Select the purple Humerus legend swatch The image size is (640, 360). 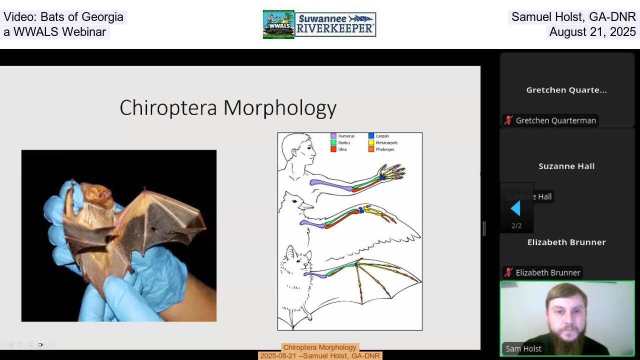pyautogui.click(x=333, y=136)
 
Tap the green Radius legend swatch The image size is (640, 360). pyautogui.click(x=333, y=142)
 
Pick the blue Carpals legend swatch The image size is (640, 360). pyautogui.click(x=371, y=136)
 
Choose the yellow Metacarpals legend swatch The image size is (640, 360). pyautogui.click(x=371, y=142)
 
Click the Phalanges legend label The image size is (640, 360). pyautogui.click(x=385, y=149)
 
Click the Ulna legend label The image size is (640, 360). pyautogui.click(x=342, y=149)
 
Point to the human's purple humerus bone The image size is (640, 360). pyautogui.click(x=330, y=184)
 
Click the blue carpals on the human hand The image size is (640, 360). pyautogui.click(x=382, y=176)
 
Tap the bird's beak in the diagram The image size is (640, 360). pyautogui.click(x=306, y=205)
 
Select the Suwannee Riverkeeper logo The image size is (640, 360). pyautogui.click(x=335, y=24)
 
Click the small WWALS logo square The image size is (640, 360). pyautogui.click(x=278, y=24)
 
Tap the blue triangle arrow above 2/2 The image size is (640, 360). pyautogui.click(x=515, y=208)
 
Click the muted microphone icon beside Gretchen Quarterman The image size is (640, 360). pyautogui.click(x=508, y=120)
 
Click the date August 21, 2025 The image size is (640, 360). pyautogui.click(x=592, y=32)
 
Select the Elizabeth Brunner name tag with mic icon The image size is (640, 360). pyautogui.click(x=542, y=272)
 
